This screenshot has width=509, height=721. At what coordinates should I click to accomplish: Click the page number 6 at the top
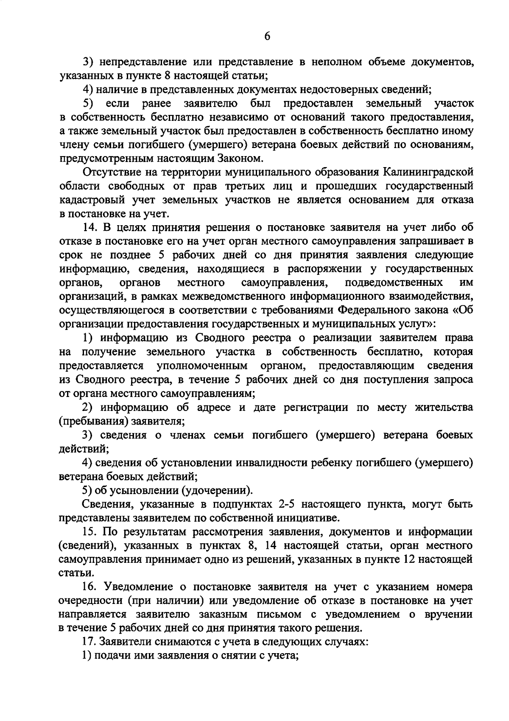(x=267, y=36)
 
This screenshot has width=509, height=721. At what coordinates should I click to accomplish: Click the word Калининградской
(x=428, y=172)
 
